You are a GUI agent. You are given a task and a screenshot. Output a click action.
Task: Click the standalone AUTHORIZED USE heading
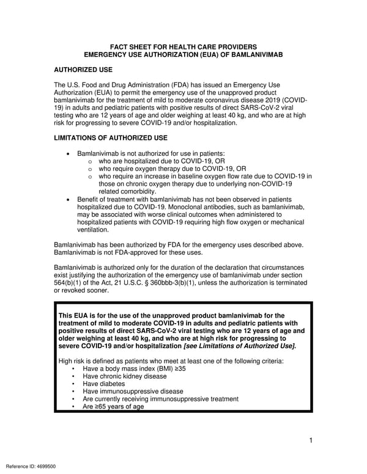[83, 70]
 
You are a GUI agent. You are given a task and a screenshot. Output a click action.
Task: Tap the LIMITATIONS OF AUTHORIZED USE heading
[111, 138]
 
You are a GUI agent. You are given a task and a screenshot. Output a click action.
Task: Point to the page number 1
[311, 440]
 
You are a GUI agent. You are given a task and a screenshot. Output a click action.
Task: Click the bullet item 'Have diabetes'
[103, 384]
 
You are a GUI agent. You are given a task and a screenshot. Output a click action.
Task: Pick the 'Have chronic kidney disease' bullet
[124, 377]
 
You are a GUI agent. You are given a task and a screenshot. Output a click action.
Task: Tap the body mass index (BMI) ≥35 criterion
[125, 370]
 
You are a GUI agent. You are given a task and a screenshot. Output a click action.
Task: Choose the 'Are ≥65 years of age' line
[113, 406]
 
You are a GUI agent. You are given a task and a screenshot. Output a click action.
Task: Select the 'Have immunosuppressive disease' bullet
[132, 392]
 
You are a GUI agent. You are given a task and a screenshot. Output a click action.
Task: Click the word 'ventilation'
[92, 230]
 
